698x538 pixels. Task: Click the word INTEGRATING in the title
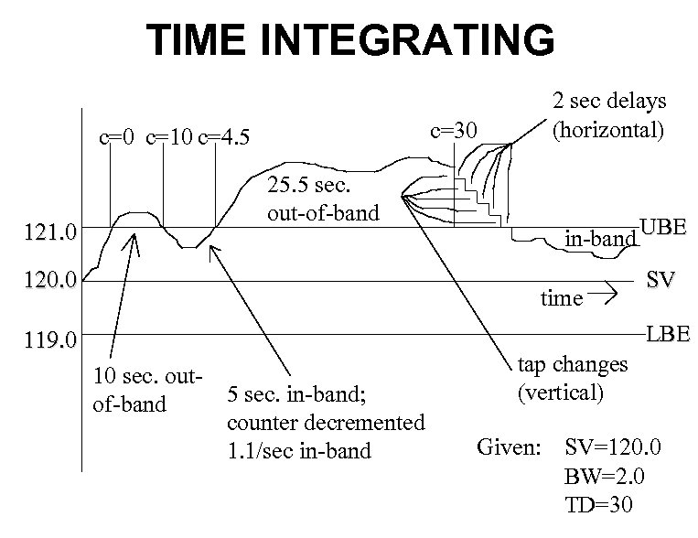pos(417,40)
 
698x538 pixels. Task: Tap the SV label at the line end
pos(660,280)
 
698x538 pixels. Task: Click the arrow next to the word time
pos(607,295)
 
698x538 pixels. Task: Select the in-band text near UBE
pos(599,240)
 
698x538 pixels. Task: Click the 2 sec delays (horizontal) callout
pos(607,114)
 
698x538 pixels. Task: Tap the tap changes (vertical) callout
pos(573,379)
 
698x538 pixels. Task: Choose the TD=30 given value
pos(599,506)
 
